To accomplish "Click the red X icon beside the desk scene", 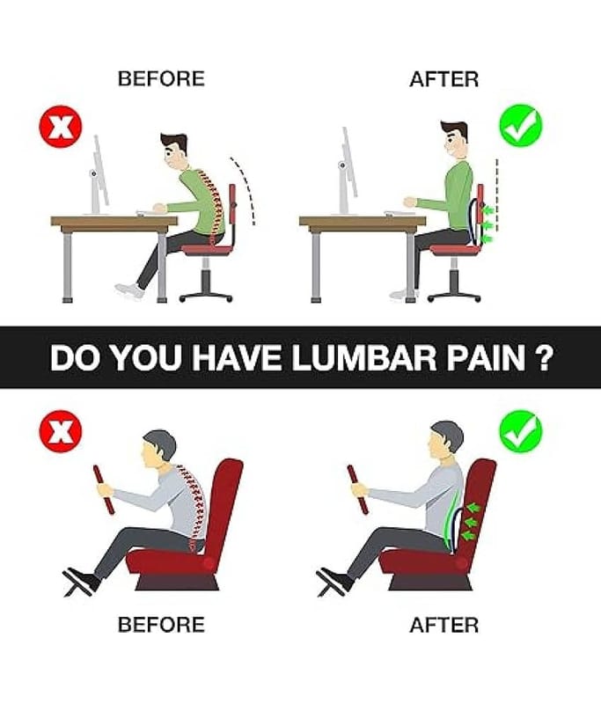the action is point(61,126).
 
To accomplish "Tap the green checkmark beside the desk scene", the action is point(521,125).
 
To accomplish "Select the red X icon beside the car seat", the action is point(61,434).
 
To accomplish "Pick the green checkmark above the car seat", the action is point(521,432).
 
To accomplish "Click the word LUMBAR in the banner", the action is point(363,358).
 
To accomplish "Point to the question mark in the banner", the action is point(542,358).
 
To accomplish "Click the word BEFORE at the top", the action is point(161,78).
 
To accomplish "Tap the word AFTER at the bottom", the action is point(443,625).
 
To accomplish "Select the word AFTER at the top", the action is point(443,79).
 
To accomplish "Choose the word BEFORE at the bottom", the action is point(161,625).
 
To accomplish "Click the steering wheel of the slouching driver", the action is point(104,489).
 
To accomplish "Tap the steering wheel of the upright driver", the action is point(358,489).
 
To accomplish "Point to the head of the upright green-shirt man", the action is point(454,139).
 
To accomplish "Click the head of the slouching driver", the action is point(158,450).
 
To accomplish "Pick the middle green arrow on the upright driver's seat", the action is point(470,521).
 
